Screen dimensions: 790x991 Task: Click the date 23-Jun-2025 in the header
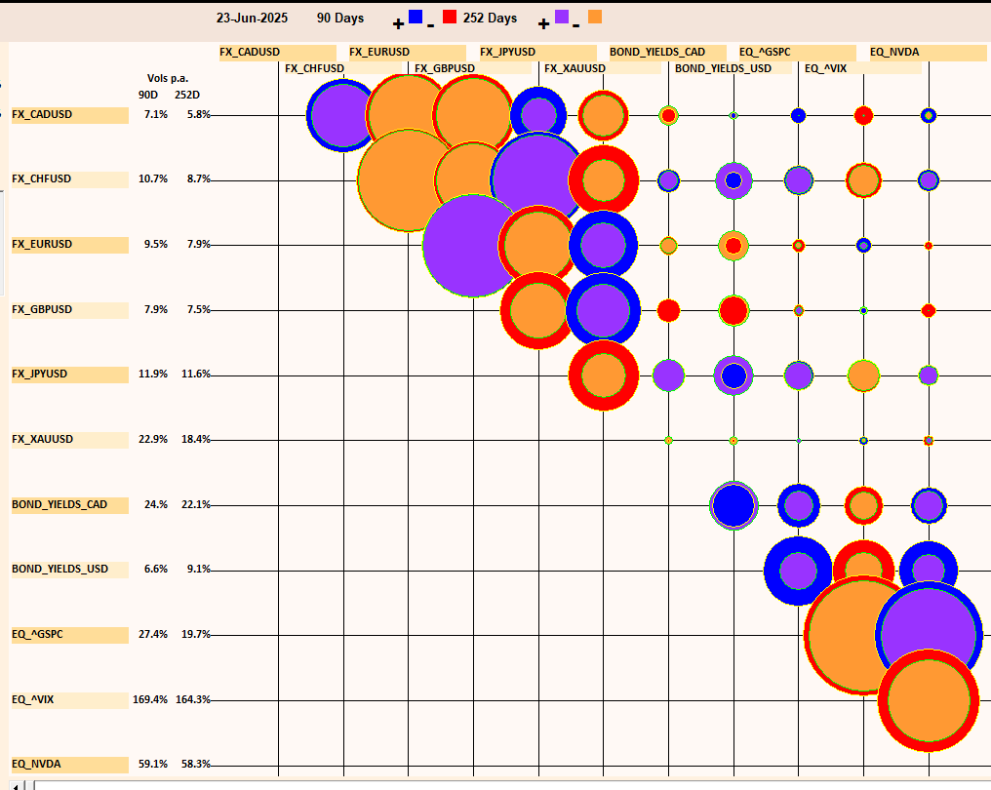(x=252, y=19)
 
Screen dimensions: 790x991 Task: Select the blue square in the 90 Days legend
(x=416, y=17)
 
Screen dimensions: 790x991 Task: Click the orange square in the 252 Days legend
(x=595, y=17)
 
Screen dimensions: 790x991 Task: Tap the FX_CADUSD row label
(x=42, y=115)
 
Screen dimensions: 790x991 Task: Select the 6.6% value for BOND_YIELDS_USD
(x=156, y=569)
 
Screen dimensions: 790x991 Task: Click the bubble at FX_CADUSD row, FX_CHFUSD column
(x=342, y=115)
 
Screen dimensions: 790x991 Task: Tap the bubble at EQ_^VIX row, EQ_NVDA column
(x=928, y=699)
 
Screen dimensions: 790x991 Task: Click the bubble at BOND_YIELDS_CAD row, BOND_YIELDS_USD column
(x=733, y=505)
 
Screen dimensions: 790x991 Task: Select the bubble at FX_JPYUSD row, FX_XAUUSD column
(x=603, y=375)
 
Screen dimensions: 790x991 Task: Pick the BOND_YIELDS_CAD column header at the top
(x=657, y=53)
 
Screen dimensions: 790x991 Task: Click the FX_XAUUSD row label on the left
(x=42, y=440)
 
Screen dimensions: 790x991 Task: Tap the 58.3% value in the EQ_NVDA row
(x=195, y=764)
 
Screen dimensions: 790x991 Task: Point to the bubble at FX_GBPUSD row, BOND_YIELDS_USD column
(x=733, y=310)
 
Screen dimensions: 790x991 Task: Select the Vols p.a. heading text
(x=168, y=79)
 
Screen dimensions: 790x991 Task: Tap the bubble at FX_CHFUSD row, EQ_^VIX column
(x=863, y=179)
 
